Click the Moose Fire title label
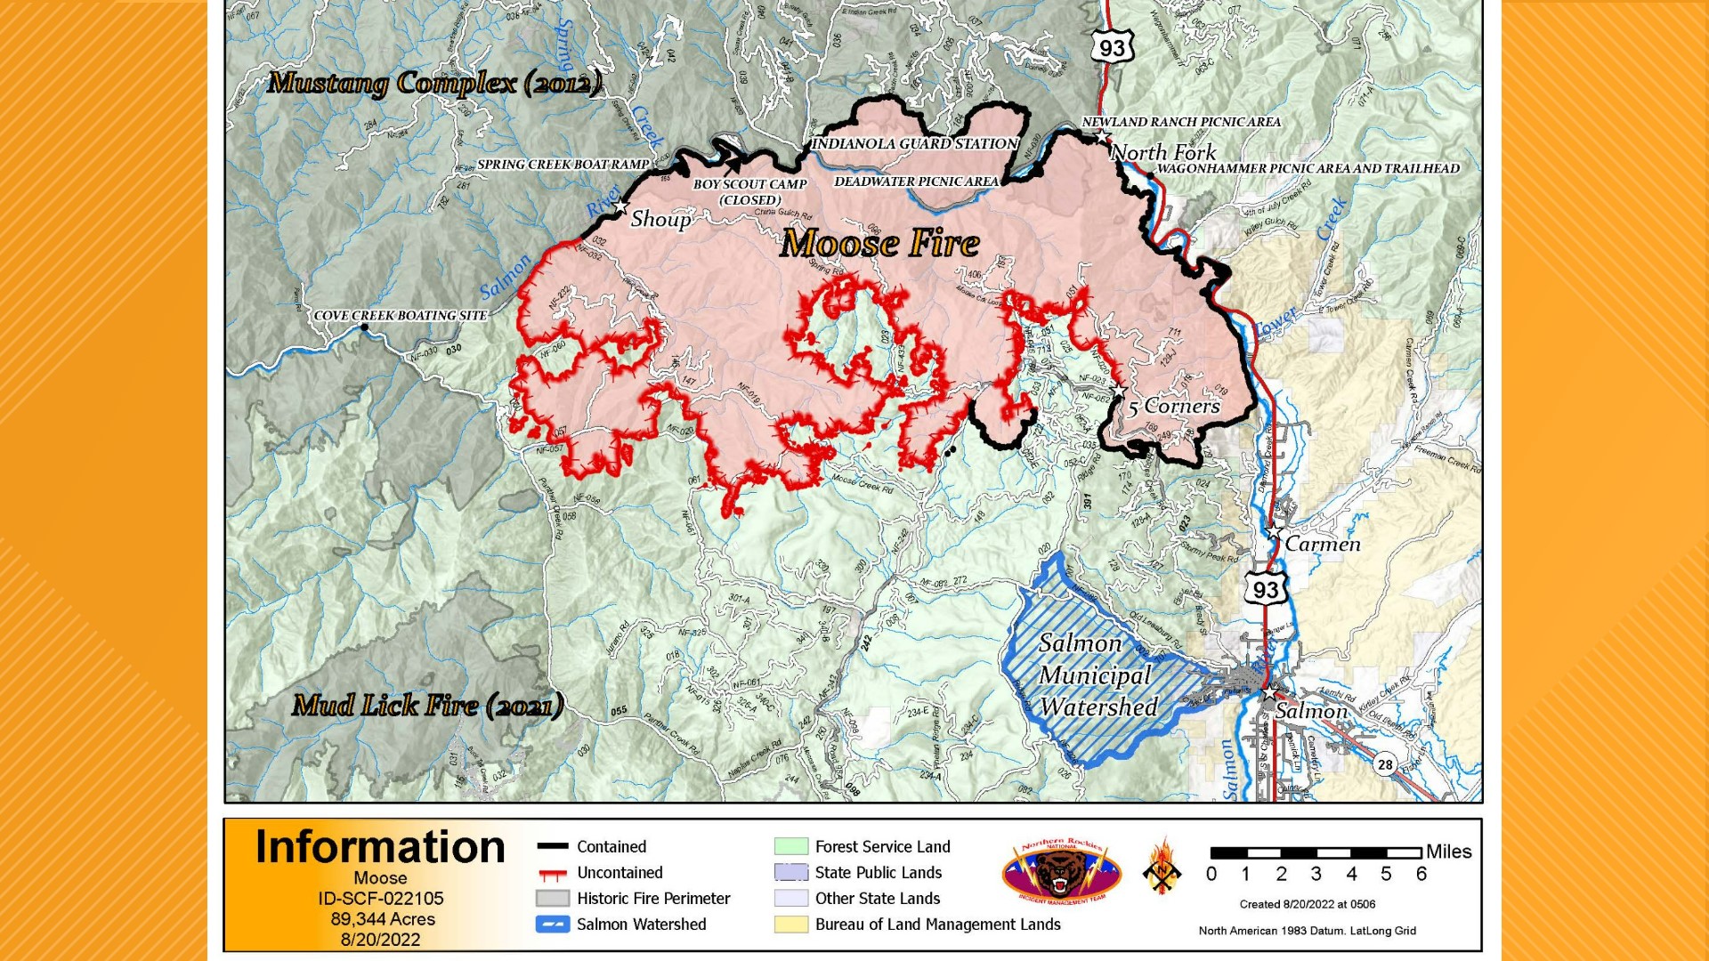pyautogui.click(x=879, y=244)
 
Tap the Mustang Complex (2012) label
pyautogui.click(x=434, y=84)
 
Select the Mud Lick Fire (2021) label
pyautogui.click(x=427, y=706)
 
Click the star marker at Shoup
pyautogui.click(x=620, y=207)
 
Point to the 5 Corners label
pyautogui.click(x=1173, y=407)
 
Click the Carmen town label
pyautogui.click(x=1322, y=544)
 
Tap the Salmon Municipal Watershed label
pyautogui.click(x=1097, y=675)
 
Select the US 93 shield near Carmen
pyautogui.click(x=1265, y=590)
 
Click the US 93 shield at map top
pyautogui.click(x=1113, y=47)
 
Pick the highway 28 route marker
pyautogui.click(x=1385, y=764)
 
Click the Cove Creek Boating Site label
pyautogui.click(x=401, y=316)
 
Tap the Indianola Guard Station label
pyautogui.click(x=915, y=143)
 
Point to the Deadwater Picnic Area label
pyautogui.click(x=916, y=182)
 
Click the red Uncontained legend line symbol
pyautogui.click(x=553, y=874)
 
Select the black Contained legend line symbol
pyautogui.click(x=553, y=847)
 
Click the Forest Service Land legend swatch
pyautogui.click(x=790, y=847)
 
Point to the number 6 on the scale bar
pyautogui.click(x=1421, y=874)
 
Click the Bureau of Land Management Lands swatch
pyautogui.click(x=790, y=925)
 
